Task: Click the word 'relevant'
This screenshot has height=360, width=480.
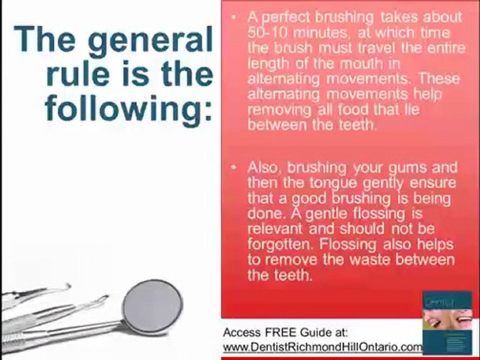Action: (x=276, y=229)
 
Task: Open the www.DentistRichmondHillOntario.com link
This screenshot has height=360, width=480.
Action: (x=322, y=346)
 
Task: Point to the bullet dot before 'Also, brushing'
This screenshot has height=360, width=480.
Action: (x=234, y=167)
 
